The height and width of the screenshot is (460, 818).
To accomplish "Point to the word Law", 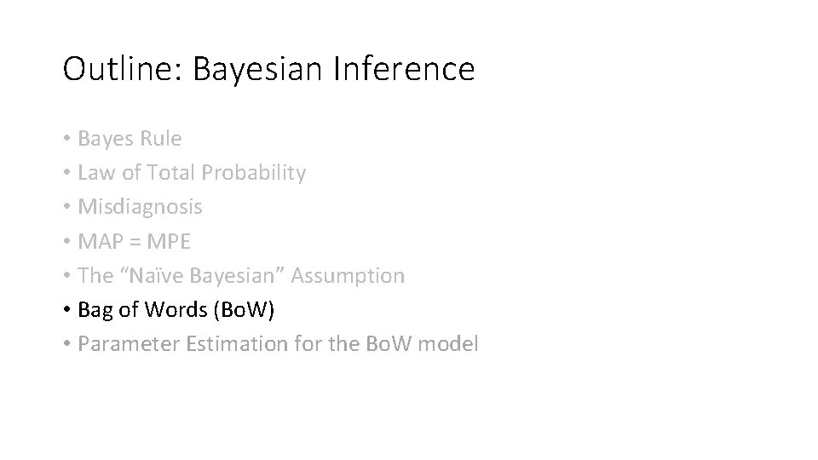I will (x=93, y=173).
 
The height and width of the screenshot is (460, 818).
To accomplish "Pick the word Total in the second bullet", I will (x=171, y=173).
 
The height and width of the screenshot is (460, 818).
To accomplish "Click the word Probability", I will (x=254, y=173).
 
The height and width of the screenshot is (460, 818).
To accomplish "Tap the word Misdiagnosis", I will (x=140, y=207).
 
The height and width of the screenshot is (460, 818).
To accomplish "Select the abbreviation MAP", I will (x=99, y=241).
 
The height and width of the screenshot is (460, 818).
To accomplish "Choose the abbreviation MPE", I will (x=169, y=241).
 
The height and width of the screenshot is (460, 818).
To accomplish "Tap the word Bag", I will (x=94, y=310).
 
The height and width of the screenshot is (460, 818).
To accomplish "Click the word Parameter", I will (x=119, y=344).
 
